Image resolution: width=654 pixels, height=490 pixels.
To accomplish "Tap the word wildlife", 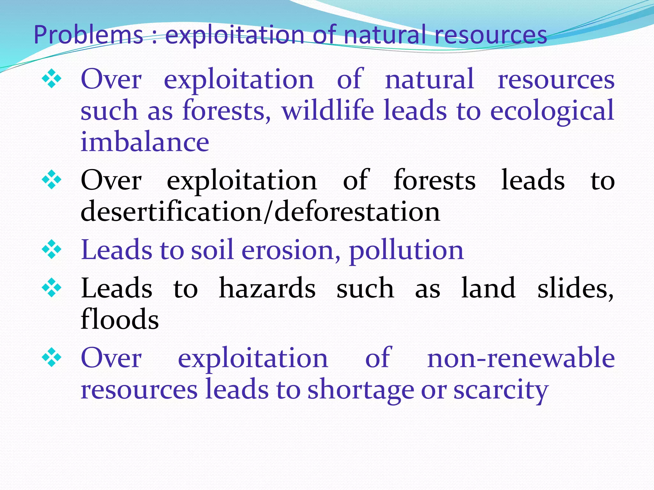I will (x=328, y=110).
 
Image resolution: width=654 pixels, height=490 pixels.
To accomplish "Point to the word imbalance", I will (x=145, y=142).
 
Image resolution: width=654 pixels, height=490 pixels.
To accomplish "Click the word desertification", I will (x=171, y=212).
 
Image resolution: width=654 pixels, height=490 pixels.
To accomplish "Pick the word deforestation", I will (x=357, y=212).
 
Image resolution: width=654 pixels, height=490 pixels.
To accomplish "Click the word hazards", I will (x=267, y=288).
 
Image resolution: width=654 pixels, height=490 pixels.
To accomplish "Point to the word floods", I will (x=120, y=319).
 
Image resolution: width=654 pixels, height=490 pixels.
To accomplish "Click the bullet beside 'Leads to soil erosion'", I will (x=51, y=250).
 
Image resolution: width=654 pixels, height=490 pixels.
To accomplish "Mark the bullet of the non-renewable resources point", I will (x=51, y=358).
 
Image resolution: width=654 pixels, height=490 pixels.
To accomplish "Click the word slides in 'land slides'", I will (x=575, y=288).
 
